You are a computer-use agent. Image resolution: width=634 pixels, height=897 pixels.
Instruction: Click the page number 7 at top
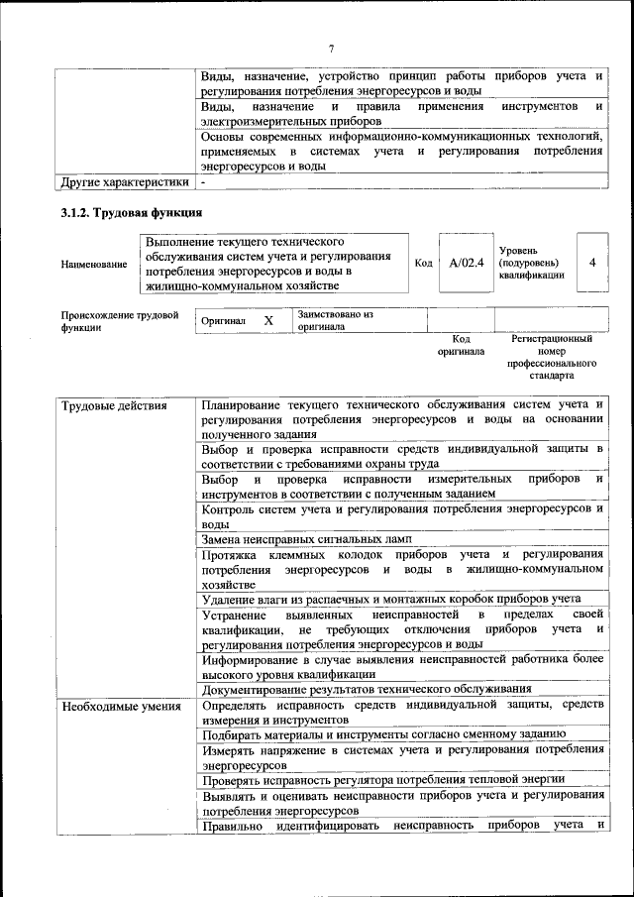(332, 50)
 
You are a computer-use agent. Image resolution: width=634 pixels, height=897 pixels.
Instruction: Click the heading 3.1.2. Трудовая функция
(132, 213)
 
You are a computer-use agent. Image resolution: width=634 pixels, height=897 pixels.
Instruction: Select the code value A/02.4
(466, 264)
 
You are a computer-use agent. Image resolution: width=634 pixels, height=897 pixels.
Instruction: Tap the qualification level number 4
(591, 263)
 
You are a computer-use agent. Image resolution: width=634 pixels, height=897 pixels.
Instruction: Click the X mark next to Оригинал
(267, 321)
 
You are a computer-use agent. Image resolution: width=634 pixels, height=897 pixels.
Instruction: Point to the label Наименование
(94, 265)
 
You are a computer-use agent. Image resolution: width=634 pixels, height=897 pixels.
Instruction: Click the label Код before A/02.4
(423, 264)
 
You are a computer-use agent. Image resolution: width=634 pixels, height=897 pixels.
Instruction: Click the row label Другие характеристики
(124, 182)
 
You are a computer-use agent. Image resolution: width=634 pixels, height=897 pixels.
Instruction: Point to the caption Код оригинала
(461, 345)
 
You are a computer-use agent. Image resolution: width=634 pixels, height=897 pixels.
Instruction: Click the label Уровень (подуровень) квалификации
(532, 264)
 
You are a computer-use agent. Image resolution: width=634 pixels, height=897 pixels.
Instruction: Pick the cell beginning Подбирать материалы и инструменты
(383, 733)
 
